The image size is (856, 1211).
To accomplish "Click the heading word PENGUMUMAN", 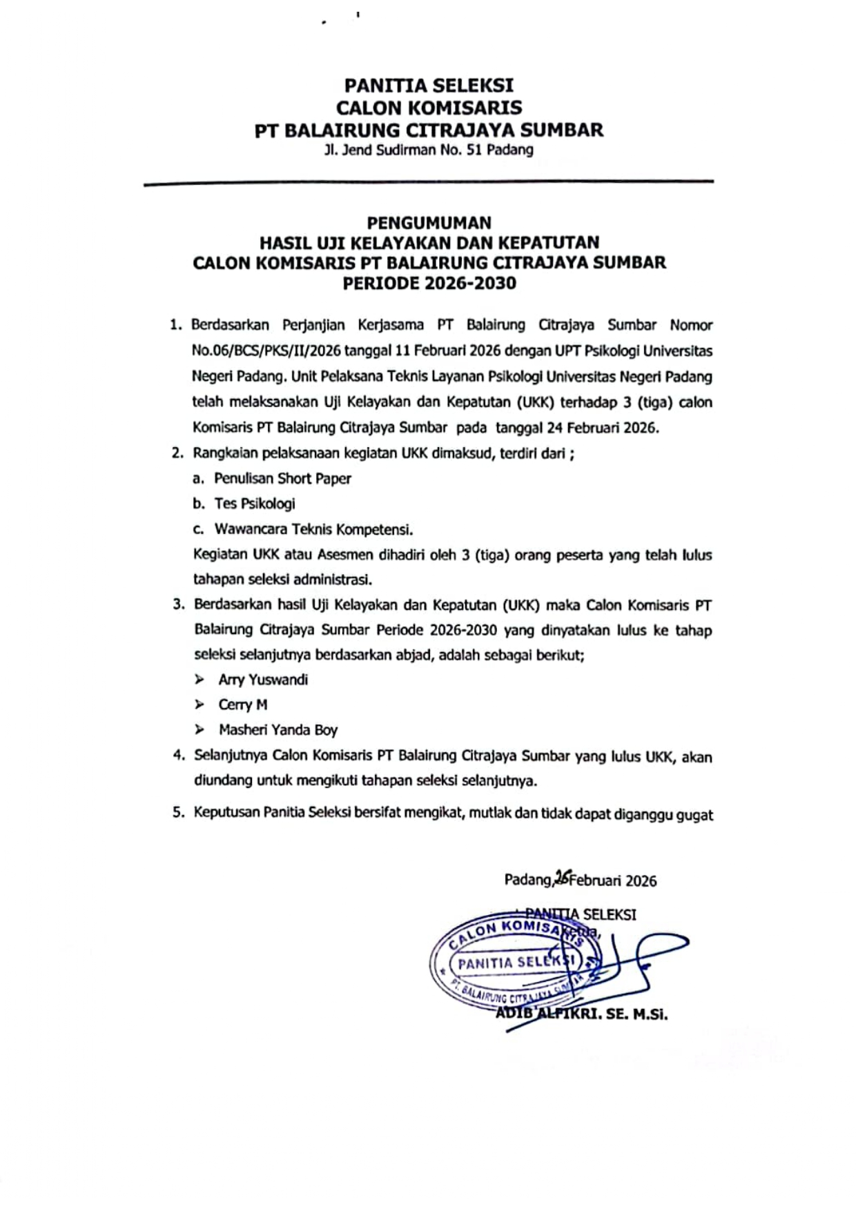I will (429, 223).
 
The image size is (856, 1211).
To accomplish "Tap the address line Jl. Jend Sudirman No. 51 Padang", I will (429, 150).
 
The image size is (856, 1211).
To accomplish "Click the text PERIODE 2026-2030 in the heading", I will (429, 283).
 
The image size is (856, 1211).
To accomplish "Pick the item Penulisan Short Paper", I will (282, 478).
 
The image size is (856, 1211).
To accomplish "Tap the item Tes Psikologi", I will (255, 504).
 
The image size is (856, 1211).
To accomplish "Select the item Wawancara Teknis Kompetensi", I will (313, 529).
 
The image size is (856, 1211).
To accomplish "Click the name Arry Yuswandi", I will (263, 680).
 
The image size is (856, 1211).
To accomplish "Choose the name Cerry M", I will (242, 705).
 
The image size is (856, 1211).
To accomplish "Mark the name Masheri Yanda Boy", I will (278, 729).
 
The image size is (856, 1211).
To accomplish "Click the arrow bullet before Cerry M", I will (200, 705).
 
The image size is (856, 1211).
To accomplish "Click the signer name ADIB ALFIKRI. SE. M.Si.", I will (582, 1014).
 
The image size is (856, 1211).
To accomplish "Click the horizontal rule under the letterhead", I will (429, 182).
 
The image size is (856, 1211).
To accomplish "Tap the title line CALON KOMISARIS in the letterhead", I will (429, 108).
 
